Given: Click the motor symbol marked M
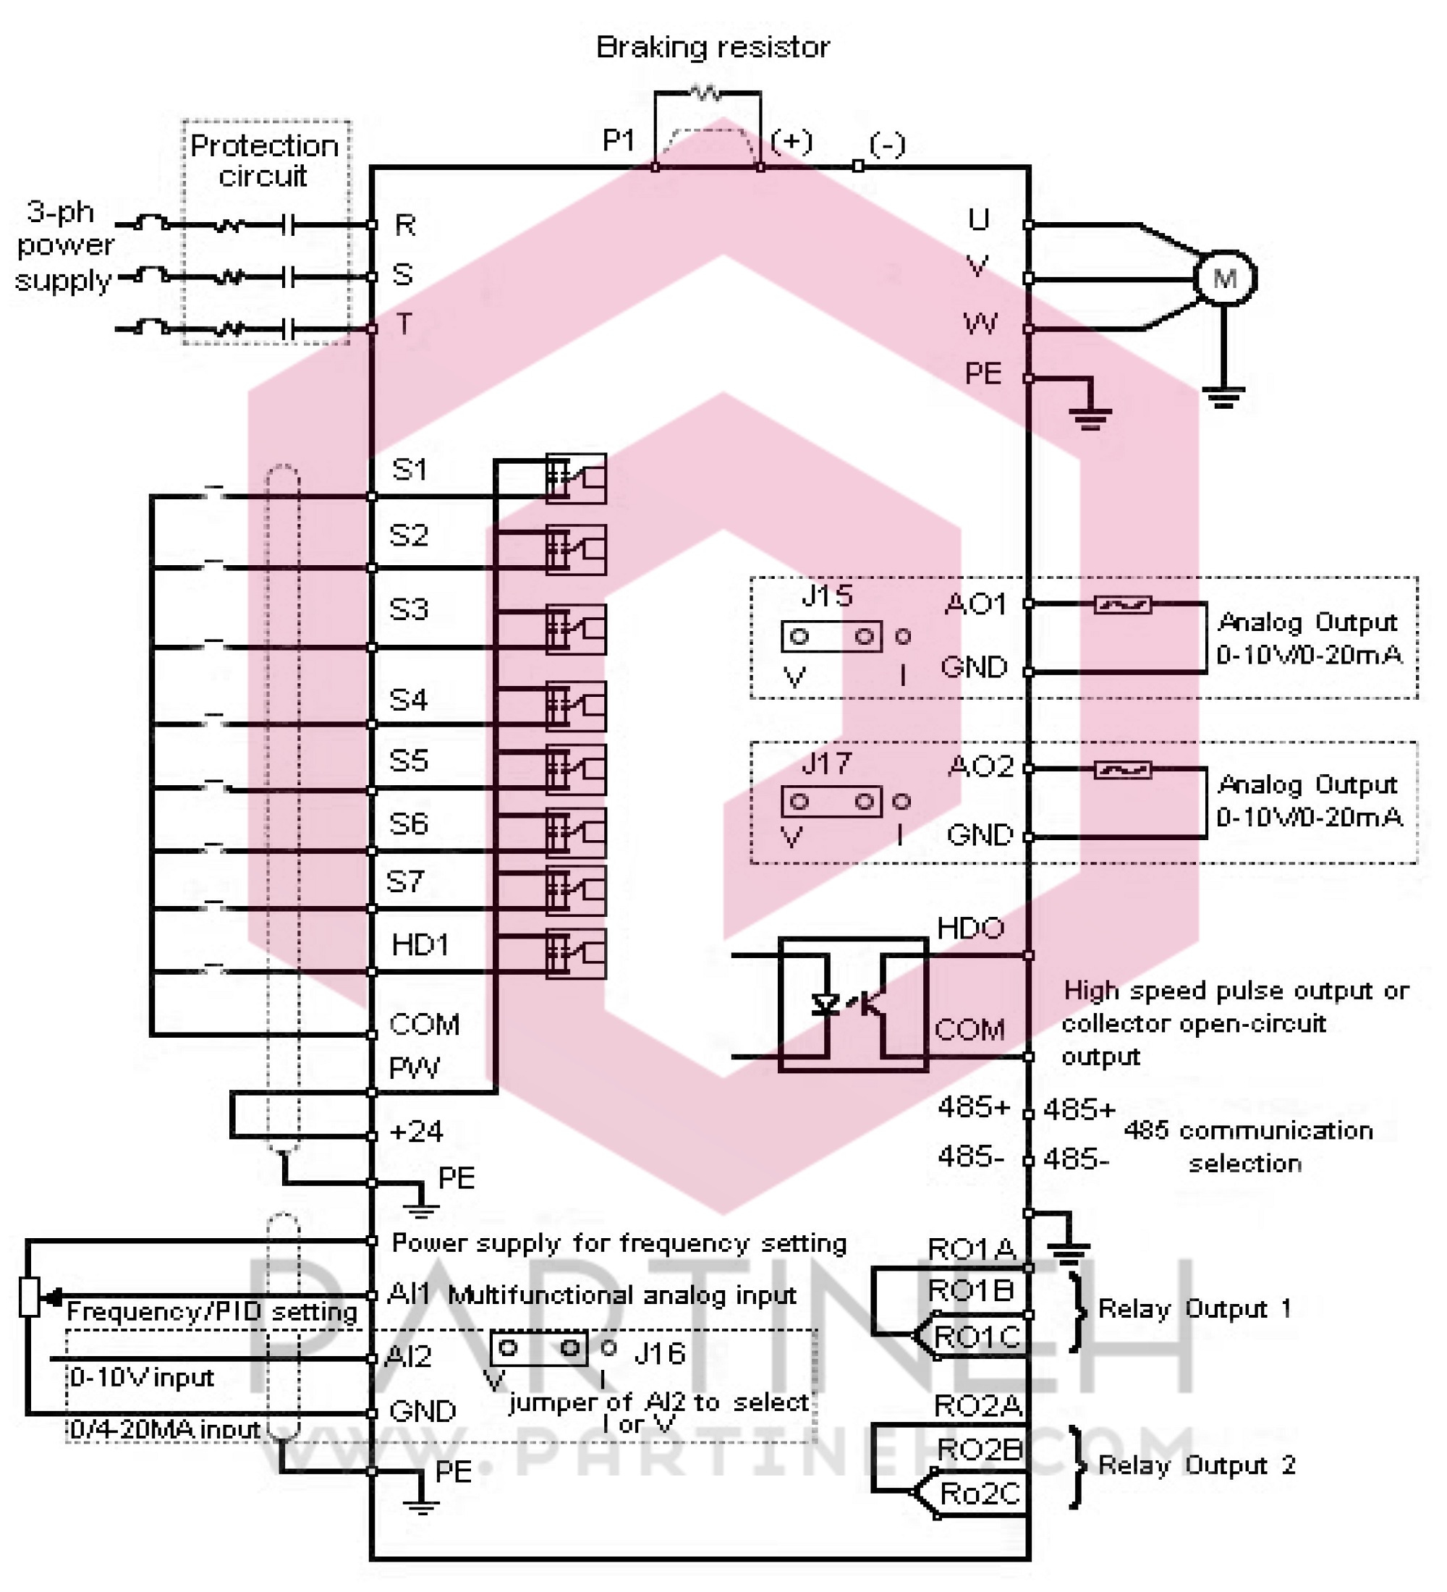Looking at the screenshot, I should click(1223, 278).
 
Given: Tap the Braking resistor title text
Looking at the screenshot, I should click(712, 47).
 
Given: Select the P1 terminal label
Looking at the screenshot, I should click(618, 140).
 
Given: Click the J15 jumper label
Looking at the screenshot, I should click(826, 596).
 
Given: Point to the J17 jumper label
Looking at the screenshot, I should click(826, 763).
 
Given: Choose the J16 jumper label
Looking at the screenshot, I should click(659, 1353).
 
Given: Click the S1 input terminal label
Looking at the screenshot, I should click(409, 470).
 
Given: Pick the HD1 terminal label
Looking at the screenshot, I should click(419, 944).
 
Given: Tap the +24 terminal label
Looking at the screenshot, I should click(416, 1132).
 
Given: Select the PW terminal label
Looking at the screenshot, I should click(414, 1068).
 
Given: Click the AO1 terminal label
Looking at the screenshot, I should click(976, 605).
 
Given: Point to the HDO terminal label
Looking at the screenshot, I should click(970, 928).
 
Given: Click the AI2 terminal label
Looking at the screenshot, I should click(408, 1357).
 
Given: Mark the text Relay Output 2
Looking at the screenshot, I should click(1197, 1465).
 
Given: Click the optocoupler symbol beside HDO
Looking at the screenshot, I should click(852, 1004).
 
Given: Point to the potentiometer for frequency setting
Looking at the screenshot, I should click(30, 1297).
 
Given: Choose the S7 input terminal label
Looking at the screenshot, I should click(405, 881).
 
